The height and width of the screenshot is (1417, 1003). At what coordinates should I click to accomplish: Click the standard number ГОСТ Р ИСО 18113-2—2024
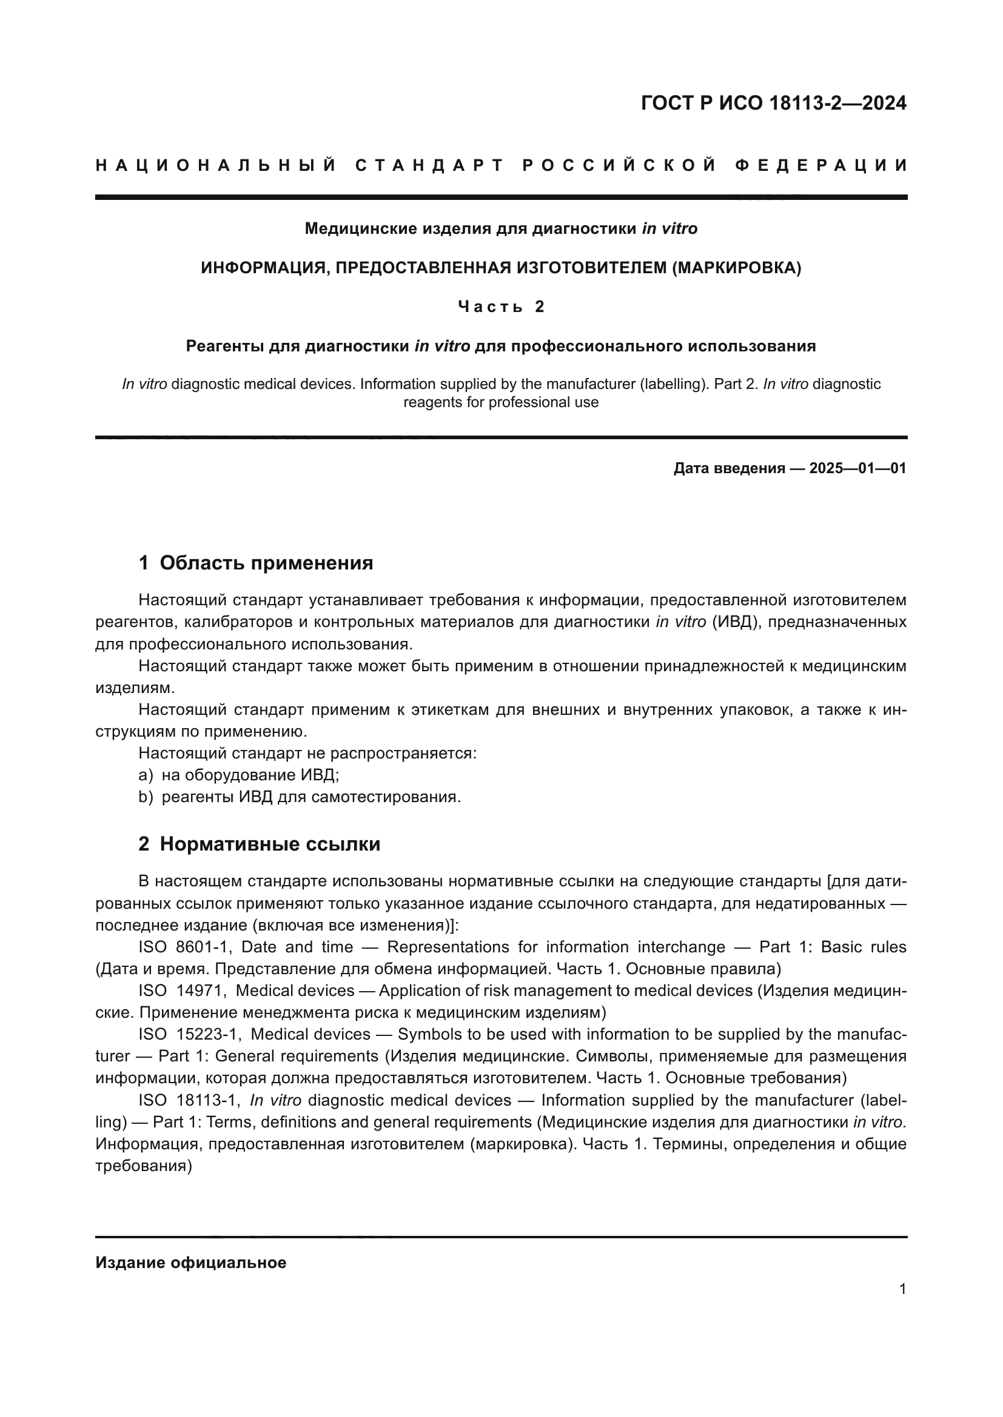[x=773, y=103]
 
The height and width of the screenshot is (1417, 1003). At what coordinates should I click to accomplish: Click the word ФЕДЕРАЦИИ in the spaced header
[x=822, y=165]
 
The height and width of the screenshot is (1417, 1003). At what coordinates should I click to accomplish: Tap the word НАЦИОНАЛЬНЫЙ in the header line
[x=216, y=165]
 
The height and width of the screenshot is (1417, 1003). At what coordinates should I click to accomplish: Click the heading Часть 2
[x=501, y=307]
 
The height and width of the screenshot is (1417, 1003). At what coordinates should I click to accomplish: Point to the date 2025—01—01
[x=857, y=468]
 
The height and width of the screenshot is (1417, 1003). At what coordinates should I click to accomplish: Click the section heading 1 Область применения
[x=256, y=563]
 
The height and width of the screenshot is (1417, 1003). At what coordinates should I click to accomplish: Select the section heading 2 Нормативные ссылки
[x=260, y=845]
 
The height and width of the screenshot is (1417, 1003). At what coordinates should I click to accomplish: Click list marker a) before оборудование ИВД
[x=146, y=775]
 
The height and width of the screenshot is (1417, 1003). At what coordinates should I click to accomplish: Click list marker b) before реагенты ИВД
[x=146, y=797]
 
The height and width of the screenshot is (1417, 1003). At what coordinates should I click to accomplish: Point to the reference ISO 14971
[x=183, y=991]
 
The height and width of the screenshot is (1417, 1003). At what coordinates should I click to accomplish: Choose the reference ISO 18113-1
[x=189, y=1100]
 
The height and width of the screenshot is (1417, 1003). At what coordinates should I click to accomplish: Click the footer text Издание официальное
[x=191, y=1263]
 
